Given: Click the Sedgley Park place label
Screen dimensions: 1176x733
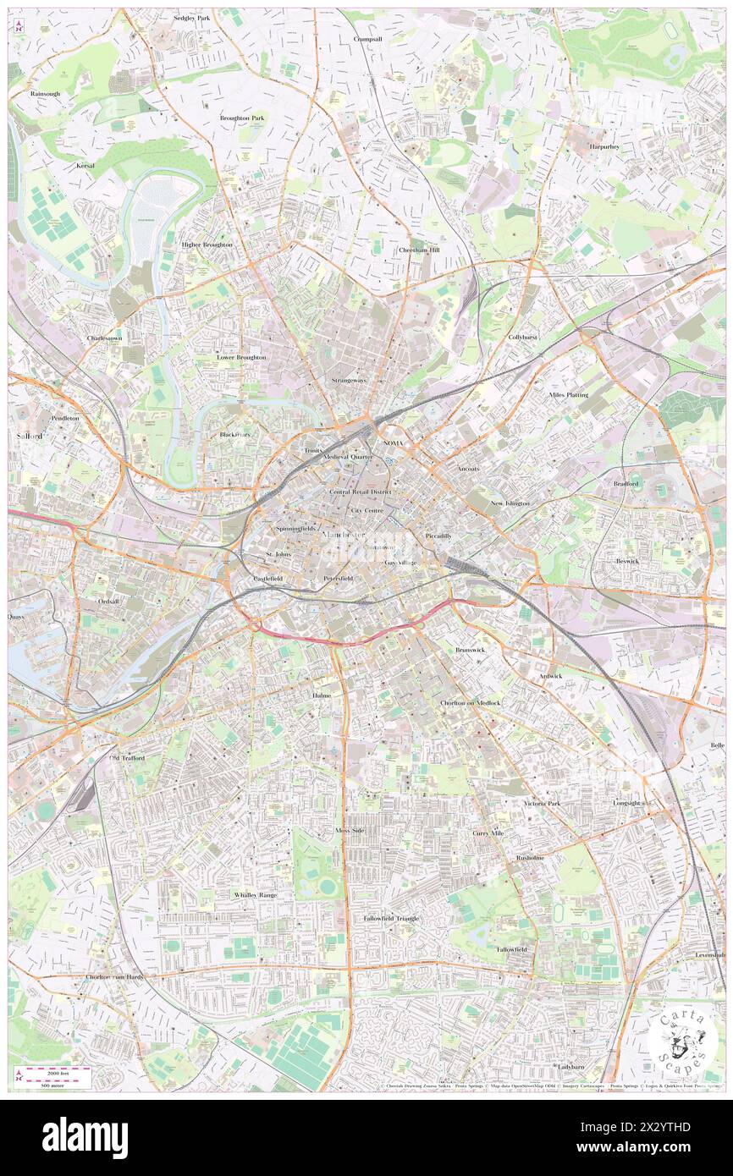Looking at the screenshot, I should tap(190, 18).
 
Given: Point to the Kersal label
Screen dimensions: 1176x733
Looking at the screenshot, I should tap(85, 166).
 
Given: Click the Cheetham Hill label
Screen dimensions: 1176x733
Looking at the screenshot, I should tap(419, 250).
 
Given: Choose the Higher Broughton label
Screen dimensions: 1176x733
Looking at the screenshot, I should tap(207, 245).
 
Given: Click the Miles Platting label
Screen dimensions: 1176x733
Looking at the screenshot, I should tap(568, 395).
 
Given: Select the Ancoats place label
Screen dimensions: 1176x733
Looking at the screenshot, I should tap(468, 468).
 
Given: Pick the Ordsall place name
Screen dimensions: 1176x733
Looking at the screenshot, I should tap(109, 602).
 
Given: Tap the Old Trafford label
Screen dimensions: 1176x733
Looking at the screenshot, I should tap(127, 758).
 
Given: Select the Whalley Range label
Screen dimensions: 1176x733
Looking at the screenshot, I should tap(255, 894).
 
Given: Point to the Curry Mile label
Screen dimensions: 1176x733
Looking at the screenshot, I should tap(488, 833).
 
